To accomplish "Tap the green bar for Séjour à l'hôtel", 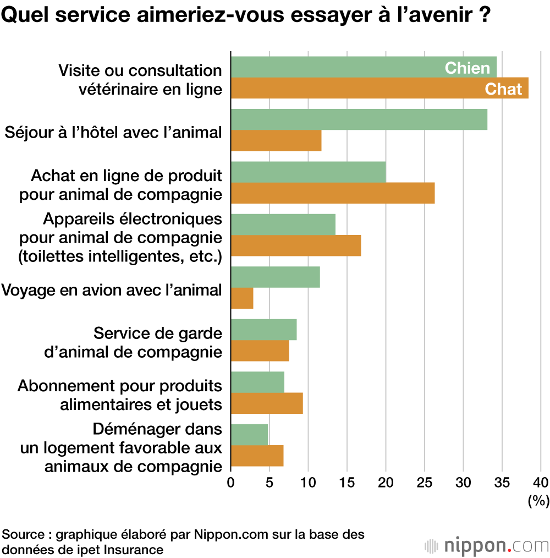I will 359,119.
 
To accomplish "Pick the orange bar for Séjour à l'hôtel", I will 276,140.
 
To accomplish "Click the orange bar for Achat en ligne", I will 333,193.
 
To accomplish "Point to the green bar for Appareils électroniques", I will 283,225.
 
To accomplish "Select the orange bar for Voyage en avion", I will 242,298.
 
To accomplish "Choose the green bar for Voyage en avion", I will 275,277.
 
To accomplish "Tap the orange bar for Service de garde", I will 260,351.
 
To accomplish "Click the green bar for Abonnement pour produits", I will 257,382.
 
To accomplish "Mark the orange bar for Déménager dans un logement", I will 257,456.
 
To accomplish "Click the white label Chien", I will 467,68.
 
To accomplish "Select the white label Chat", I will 503,89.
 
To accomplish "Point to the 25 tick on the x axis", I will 425,483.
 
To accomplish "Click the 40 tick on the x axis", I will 541,483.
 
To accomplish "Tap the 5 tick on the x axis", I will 269,483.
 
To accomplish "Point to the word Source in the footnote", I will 25,534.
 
